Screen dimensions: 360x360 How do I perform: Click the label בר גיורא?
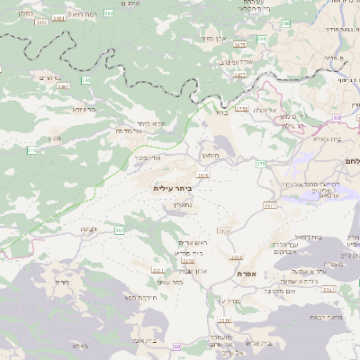click(x=83, y=110)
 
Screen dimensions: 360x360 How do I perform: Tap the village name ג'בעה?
click(x=89, y=230)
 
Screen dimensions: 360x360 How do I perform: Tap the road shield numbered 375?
click(x=261, y=164)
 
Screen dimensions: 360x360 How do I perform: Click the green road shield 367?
click(x=119, y=229)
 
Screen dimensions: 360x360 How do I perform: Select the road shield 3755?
click(x=241, y=109)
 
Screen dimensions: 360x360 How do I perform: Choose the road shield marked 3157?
click(x=329, y=289)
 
